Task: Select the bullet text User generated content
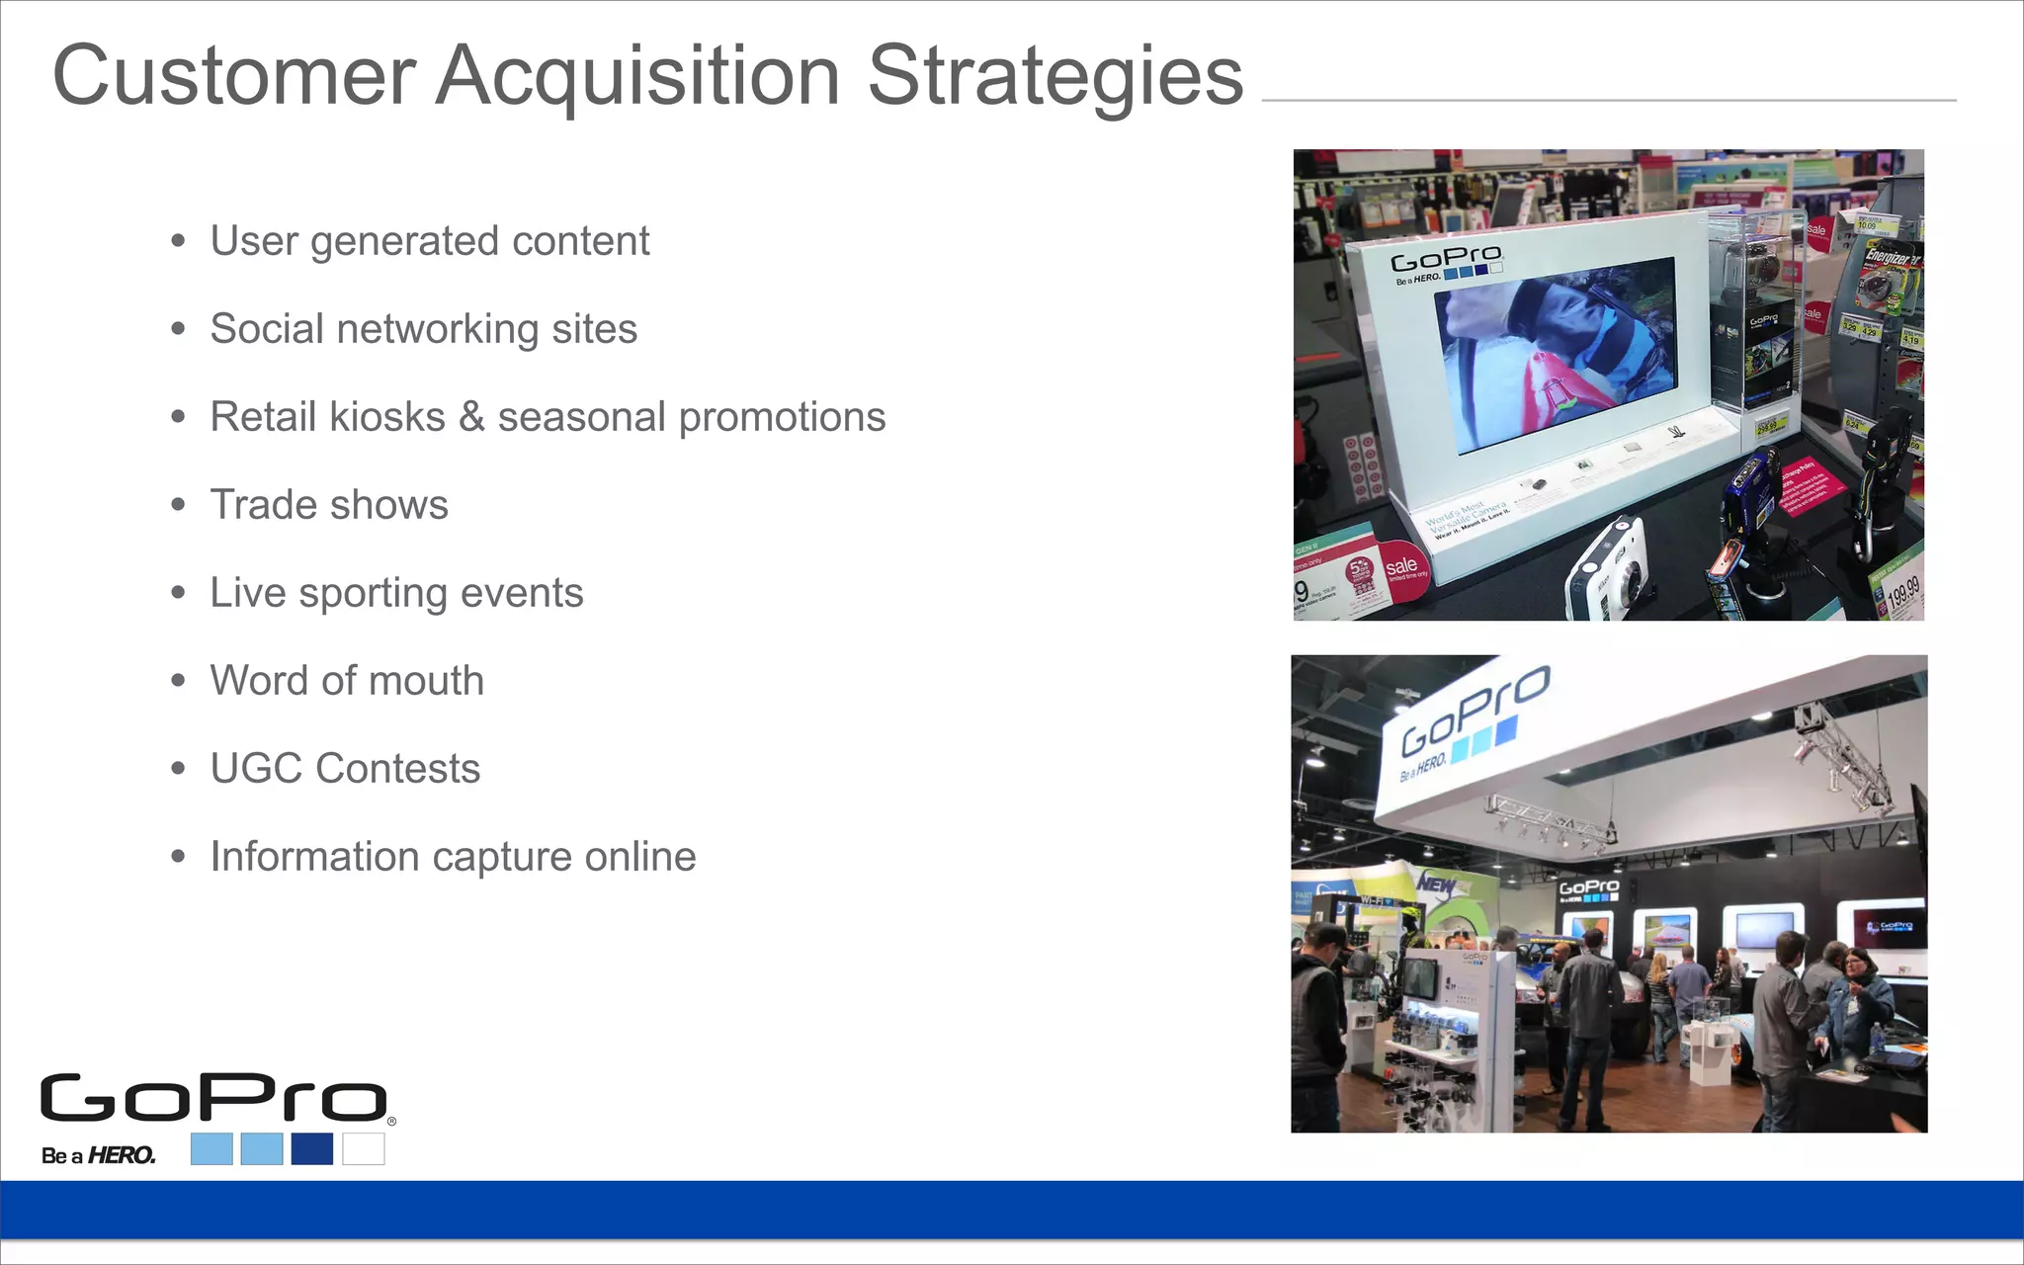pyautogui.click(x=429, y=241)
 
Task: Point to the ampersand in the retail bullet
pyautogui.click(x=471, y=417)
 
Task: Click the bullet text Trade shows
pyautogui.click(x=329, y=505)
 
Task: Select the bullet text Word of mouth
pyautogui.click(x=347, y=681)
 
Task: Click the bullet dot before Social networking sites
pyautogui.click(x=178, y=329)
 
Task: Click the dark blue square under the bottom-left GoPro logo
pyautogui.click(x=312, y=1148)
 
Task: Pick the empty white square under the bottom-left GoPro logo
pyautogui.click(x=364, y=1148)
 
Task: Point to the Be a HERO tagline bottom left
pyautogui.click(x=98, y=1154)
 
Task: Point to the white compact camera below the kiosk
pyautogui.click(x=1606, y=571)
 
